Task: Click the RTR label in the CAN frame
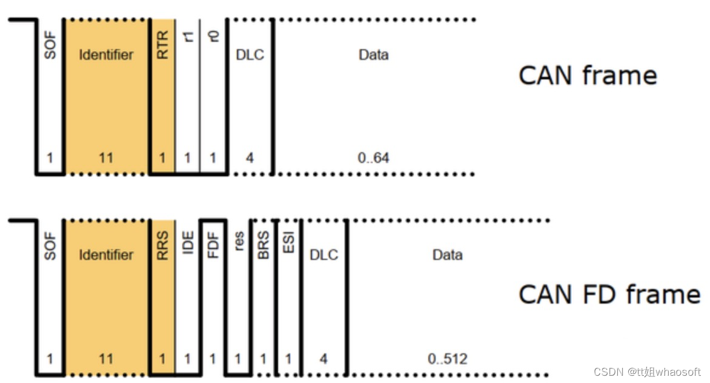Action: (x=162, y=46)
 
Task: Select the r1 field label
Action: (x=188, y=38)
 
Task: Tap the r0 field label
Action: (x=213, y=37)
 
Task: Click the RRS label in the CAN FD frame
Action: (x=162, y=247)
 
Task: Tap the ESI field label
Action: (x=288, y=244)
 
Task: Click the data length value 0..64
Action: (x=374, y=158)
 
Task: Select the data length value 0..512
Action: (x=448, y=359)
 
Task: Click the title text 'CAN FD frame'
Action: (x=609, y=295)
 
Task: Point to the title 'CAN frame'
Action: (x=588, y=76)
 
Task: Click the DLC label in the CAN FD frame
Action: (x=324, y=255)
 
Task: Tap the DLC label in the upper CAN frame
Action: (x=250, y=55)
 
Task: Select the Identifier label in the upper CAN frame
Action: (x=106, y=55)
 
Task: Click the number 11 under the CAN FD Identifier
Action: (x=106, y=359)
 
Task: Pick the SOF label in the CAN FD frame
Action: (x=50, y=247)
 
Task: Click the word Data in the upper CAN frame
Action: (x=374, y=55)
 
